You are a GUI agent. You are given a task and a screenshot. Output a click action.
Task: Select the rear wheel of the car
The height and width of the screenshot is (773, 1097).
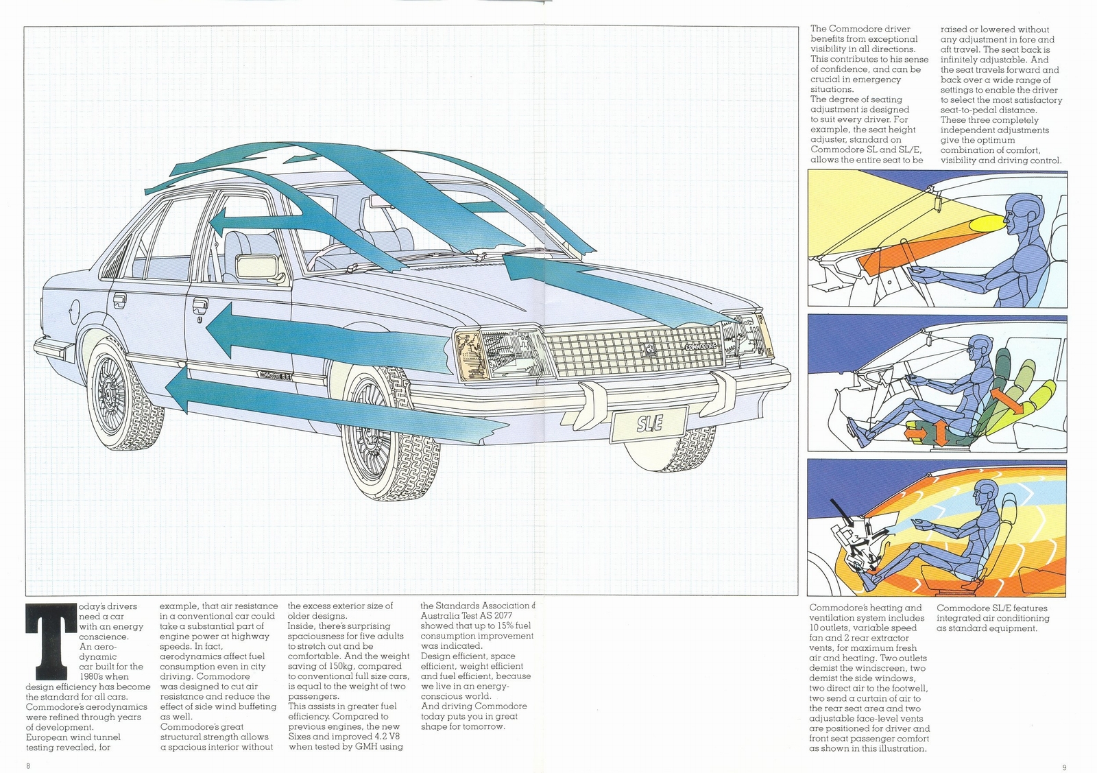click(x=111, y=396)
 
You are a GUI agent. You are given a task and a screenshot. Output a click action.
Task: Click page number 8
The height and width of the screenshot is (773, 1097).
click(x=28, y=766)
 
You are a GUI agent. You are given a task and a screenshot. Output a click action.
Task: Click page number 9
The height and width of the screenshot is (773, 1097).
click(x=1063, y=767)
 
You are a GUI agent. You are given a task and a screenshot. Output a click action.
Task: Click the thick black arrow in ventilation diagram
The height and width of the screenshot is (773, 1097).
click(x=839, y=512)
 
